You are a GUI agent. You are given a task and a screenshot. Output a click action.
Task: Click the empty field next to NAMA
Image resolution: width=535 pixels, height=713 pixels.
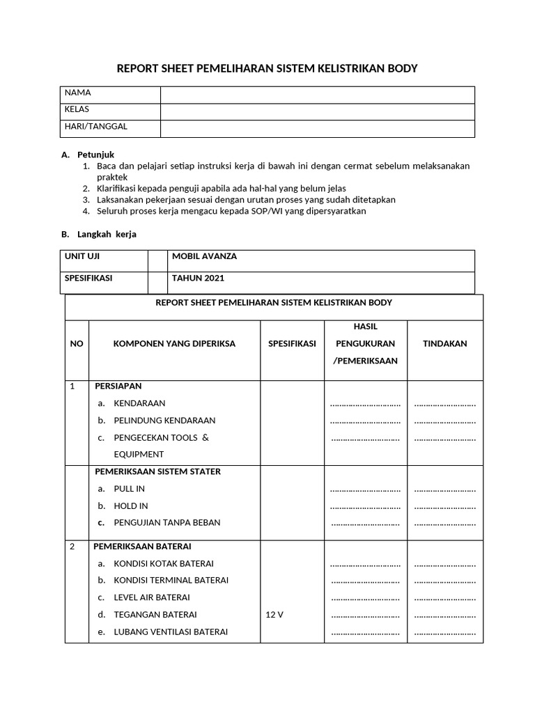(317, 94)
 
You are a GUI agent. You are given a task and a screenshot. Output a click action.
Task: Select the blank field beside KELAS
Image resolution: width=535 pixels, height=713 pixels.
(317, 111)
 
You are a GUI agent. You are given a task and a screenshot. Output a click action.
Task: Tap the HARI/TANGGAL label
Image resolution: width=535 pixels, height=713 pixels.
(95, 127)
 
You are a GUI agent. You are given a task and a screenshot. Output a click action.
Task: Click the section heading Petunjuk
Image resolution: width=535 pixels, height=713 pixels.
(95, 155)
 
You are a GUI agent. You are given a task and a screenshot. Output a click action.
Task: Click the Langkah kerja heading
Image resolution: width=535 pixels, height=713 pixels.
(107, 234)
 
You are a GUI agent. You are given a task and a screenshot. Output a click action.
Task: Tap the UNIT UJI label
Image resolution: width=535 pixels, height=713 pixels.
(82, 256)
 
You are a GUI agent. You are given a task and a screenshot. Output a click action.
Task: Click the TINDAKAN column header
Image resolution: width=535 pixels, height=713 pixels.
(444, 343)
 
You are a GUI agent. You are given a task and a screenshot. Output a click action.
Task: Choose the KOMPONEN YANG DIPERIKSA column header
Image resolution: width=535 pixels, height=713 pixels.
(174, 343)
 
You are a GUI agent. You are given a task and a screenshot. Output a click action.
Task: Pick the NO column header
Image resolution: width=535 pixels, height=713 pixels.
(76, 343)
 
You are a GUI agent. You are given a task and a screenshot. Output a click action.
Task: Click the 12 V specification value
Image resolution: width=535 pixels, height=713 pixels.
(274, 615)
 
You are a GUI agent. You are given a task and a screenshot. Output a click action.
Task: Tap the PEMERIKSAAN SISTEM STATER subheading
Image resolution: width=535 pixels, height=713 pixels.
(157, 471)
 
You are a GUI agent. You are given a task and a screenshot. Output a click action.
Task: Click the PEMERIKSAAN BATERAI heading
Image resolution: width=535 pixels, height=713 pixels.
(142, 546)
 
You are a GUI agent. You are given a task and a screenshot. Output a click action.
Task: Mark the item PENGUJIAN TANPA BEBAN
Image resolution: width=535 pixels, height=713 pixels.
(162, 523)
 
